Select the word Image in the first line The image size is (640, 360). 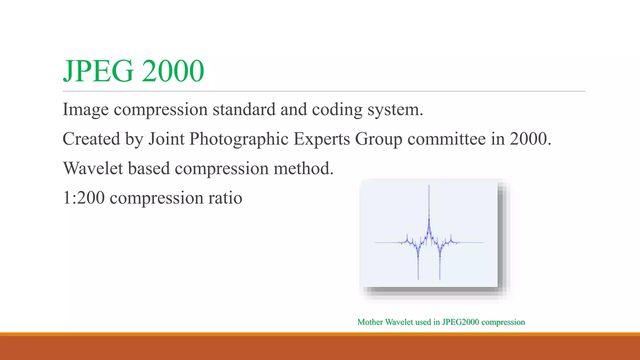pos(86,110)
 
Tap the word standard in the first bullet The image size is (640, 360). pos(244,110)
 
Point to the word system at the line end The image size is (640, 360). pos(395,110)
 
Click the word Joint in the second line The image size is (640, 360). pos(166,139)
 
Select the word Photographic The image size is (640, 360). pos(239,139)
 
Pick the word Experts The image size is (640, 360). pos(322,139)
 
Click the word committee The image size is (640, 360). pos(447,139)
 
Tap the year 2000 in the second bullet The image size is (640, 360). pos(530,139)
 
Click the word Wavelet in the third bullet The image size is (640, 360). pos(93,168)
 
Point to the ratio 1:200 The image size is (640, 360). pos(84,198)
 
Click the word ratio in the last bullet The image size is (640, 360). pos(225,198)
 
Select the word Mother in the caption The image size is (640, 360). pos(370,322)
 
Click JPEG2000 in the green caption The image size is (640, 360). pos(460,322)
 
